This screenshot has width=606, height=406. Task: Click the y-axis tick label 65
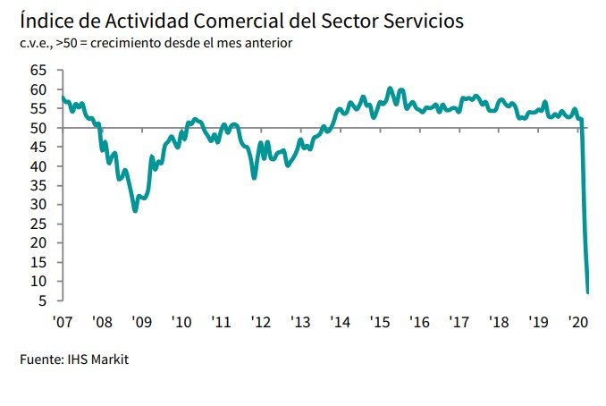[38, 71]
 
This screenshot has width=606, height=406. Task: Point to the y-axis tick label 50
[38, 128]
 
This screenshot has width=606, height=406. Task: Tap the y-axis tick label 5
[41, 300]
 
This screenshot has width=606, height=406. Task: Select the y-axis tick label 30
[38, 205]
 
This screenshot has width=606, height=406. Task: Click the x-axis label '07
[62, 322]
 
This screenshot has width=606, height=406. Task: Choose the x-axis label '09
[141, 322]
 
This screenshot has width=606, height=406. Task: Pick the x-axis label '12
[261, 322]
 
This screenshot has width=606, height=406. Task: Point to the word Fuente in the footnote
[39, 360]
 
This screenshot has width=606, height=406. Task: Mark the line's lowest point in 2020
[587, 292]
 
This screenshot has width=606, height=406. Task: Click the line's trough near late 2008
[135, 211]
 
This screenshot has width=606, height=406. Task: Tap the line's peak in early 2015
[390, 89]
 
